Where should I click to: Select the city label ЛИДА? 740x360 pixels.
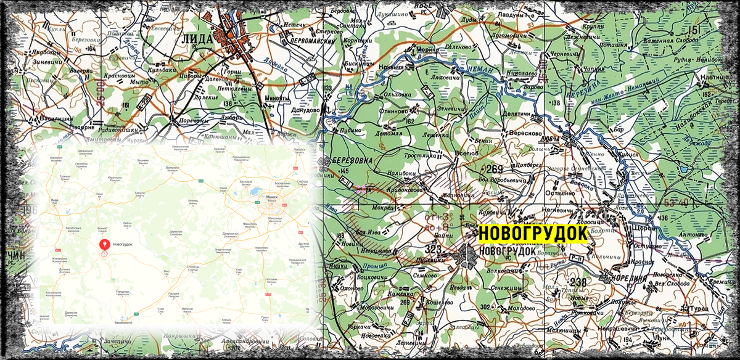tap(197, 38)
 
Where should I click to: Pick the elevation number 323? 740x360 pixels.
tap(434, 249)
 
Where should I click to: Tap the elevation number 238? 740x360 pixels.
tap(578, 282)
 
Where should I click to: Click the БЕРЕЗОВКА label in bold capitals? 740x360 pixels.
tap(353, 161)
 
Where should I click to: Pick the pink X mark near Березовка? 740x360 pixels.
tap(361, 190)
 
